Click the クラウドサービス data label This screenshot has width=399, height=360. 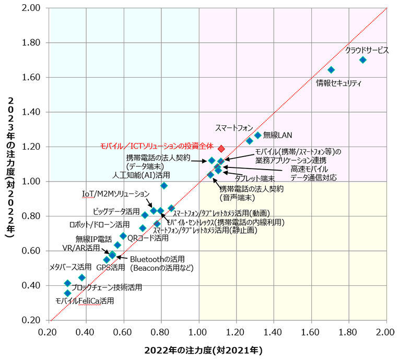[367, 51]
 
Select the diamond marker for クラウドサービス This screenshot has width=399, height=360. [363, 59]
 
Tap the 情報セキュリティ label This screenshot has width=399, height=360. [339, 82]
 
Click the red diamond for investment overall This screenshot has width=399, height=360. [221, 149]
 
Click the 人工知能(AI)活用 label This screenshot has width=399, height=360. [142, 175]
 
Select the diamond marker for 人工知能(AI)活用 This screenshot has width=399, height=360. [164, 185]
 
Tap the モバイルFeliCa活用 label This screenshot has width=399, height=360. [85, 301]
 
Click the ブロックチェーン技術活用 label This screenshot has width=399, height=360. [107, 287]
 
